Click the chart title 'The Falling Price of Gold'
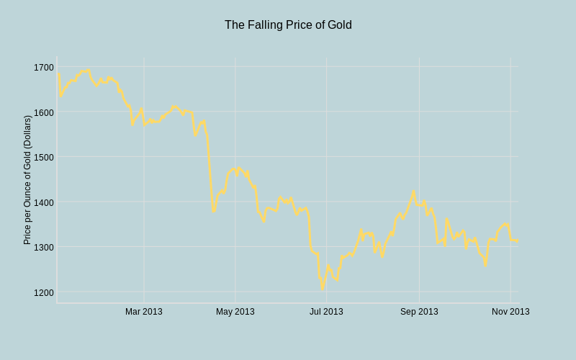pos(288,25)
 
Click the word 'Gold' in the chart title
pos(340,25)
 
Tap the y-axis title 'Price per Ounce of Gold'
pos(27,180)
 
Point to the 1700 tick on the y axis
pos(43,67)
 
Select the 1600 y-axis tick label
pos(43,112)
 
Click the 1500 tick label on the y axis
pos(43,157)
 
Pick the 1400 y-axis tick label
pos(43,202)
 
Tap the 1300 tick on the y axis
pos(43,247)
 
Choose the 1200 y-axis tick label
pos(43,292)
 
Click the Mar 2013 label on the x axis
pos(144,312)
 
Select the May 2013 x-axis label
pos(235,312)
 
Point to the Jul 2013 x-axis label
pos(326,312)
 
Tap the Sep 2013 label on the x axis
pos(419,312)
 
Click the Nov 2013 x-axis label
pos(510,312)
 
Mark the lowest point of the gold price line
pos(323,289)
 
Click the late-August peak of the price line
pos(413,191)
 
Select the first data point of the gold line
pos(58,73)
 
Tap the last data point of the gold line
pos(518,240)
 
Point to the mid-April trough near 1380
pos(213,212)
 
